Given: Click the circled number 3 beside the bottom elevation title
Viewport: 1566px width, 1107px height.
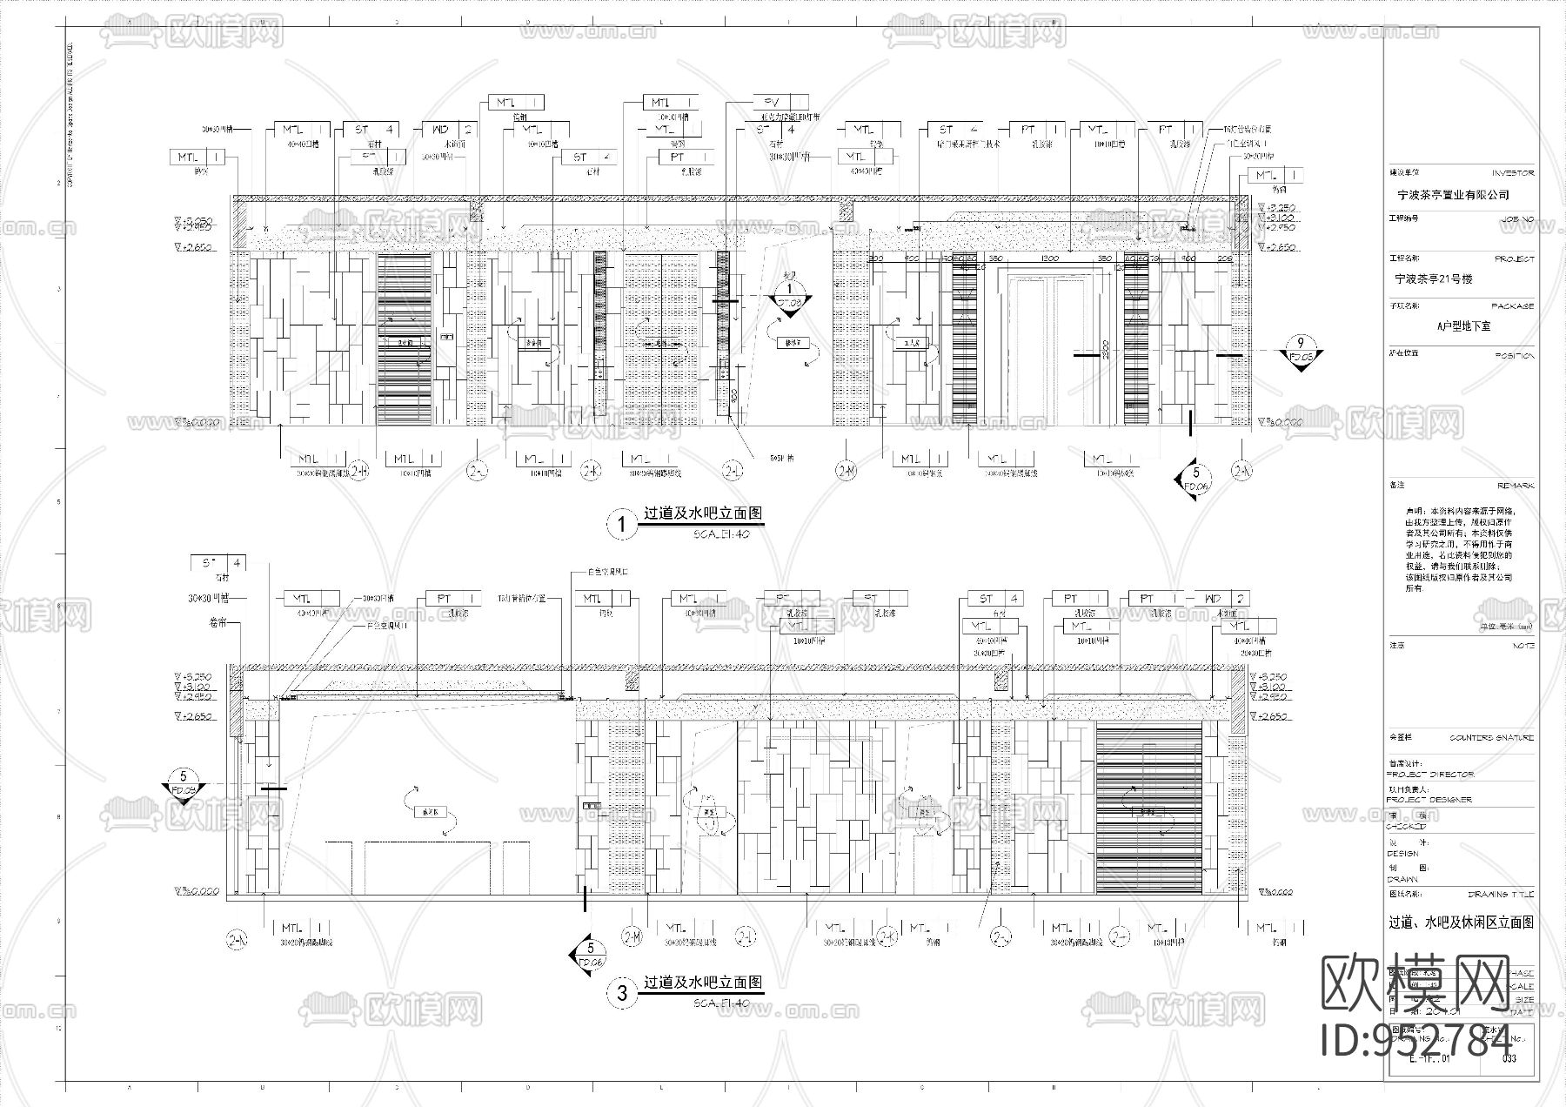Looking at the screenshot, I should (621, 994).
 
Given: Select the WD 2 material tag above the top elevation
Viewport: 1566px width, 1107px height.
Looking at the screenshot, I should (451, 130).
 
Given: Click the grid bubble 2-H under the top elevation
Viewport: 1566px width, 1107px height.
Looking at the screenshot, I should (358, 471).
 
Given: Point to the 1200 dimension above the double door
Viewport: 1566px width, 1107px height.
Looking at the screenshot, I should (1050, 259).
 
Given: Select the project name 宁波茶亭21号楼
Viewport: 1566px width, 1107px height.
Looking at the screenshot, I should (1433, 279).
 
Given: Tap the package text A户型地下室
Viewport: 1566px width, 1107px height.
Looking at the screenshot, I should (1463, 326).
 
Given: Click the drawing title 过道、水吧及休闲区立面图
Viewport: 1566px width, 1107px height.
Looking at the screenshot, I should (1461, 922).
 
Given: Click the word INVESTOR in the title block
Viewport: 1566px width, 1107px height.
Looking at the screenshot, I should (1513, 174).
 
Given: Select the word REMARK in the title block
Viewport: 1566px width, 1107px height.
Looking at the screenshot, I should (1516, 486).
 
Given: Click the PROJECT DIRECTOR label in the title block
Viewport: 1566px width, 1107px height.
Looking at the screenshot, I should (1429, 774).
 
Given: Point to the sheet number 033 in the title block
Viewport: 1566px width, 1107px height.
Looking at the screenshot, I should (1509, 1059).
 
